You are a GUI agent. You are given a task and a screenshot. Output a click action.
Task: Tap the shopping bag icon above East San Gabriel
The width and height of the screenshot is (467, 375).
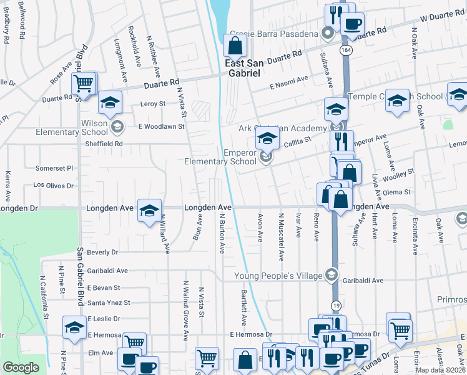[234, 45]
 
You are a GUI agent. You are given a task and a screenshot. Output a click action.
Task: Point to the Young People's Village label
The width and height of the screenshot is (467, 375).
[278, 276]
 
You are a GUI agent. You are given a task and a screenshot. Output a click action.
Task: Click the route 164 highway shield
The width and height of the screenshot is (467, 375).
[345, 49]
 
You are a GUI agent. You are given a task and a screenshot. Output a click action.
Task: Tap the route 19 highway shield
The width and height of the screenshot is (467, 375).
[335, 305]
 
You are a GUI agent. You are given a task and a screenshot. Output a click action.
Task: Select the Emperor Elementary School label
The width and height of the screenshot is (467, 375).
[220, 157]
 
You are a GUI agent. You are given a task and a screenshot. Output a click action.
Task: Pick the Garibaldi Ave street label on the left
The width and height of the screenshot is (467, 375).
[107, 271]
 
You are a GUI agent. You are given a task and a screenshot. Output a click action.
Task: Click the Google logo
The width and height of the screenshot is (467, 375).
[21, 367]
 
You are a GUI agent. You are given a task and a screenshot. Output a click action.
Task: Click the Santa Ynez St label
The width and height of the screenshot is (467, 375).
[109, 303]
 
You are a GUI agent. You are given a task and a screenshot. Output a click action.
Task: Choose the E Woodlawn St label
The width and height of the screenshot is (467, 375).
[161, 127]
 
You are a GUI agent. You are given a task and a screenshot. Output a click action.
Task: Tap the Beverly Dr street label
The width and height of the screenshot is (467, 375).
[103, 252]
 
